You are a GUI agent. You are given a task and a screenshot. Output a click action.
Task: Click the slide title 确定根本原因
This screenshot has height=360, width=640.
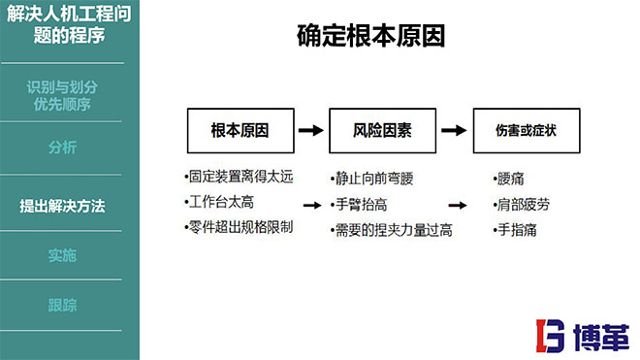370,38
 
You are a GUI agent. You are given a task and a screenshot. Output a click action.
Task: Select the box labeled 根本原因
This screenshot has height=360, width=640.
240,130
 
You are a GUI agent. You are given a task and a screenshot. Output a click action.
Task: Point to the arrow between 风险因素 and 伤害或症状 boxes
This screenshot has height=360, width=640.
454,130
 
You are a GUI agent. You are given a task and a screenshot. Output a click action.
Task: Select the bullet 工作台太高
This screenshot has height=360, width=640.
222,203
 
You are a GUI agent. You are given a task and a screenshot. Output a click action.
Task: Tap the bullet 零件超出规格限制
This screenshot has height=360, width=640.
239,228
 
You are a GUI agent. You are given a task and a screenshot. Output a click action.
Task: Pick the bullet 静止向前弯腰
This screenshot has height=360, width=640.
375,180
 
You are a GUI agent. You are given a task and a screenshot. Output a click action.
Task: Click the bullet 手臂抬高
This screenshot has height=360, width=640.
361,205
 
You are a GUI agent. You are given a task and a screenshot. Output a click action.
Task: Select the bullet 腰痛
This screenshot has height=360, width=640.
509,180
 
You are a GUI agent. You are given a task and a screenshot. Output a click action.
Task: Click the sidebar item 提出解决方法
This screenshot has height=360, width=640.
63,206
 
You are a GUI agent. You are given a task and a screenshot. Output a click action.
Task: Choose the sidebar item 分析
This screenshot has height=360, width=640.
63,147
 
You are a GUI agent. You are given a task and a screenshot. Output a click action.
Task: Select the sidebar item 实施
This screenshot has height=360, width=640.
63,256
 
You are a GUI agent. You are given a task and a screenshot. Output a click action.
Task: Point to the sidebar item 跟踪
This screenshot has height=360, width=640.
63,305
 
